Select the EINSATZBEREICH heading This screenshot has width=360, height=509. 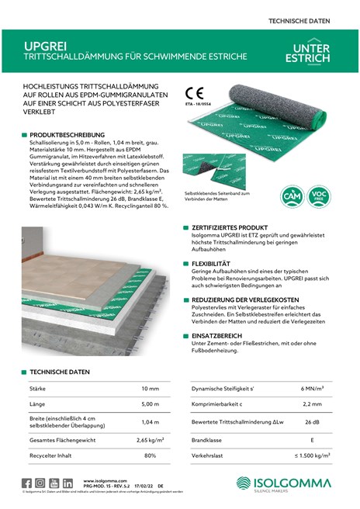point(218,336)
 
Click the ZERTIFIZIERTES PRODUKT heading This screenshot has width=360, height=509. point(230,228)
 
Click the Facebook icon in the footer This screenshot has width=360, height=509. point(27,483)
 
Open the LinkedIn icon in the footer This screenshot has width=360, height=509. point(68,483)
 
